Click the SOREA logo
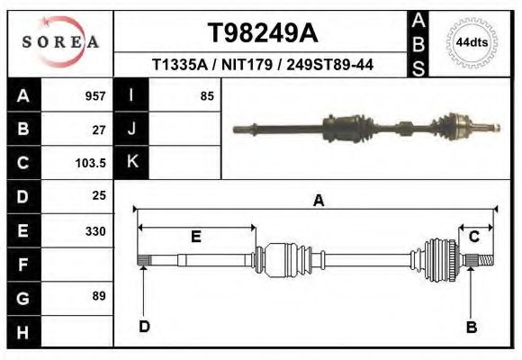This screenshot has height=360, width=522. tap(60, 41)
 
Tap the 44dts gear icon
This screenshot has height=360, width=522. tap(472, 42)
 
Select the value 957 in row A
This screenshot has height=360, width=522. tap(95, 95)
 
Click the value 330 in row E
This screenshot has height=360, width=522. tap(95, 230)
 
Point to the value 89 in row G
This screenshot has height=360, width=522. tap(99, 296)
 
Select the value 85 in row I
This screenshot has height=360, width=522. tap(207, 95)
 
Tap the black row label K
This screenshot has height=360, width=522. tap(131, 162)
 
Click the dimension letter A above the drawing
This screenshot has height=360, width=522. tap(318, 202)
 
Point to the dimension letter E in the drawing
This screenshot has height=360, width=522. tap(195, 237)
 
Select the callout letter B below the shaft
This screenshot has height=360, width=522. tap(471, 327)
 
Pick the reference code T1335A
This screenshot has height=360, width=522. tap(180, 65)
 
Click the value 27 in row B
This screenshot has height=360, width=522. tap(99, 129)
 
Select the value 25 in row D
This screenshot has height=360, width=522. tap(99, 195)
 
